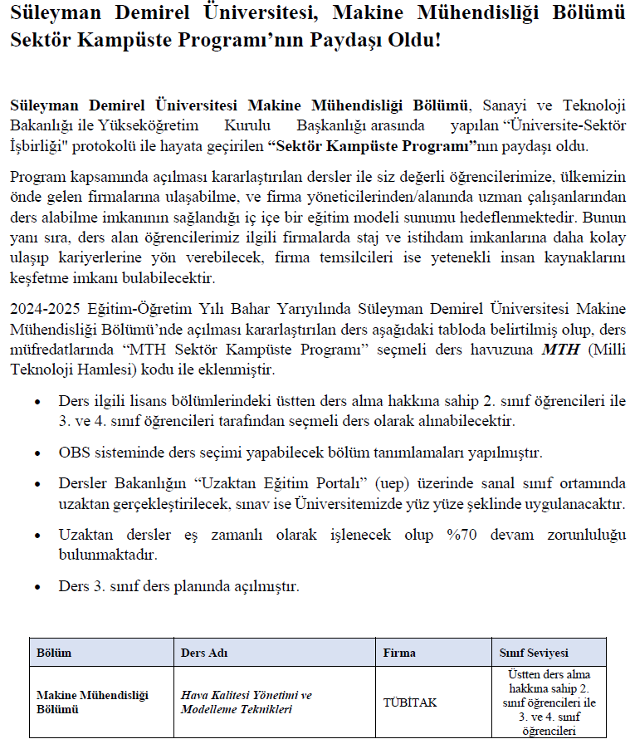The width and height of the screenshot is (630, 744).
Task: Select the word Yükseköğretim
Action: pos(136,125)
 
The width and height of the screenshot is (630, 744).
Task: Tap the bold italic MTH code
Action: pos(560,349)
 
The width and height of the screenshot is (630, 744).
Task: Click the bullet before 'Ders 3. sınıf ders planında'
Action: pos(37,587)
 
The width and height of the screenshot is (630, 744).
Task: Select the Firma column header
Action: pos(399,653)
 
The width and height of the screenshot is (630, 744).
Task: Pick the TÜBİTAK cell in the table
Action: pos(410,702)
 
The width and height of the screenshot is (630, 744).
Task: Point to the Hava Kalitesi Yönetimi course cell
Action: pos(247,702)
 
